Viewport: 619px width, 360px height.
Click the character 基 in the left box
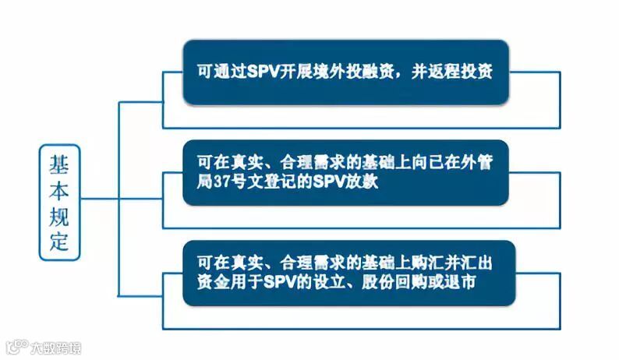coord(59,164)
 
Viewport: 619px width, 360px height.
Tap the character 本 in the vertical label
coord(59,189)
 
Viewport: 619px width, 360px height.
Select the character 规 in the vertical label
coord(59,216)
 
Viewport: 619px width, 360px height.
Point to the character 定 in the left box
coord(59,242)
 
